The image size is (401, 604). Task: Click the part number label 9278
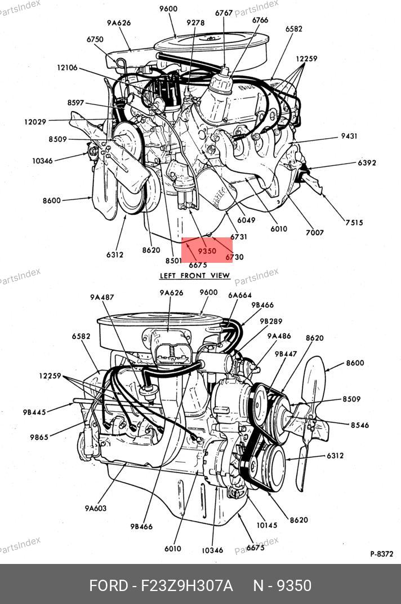195,23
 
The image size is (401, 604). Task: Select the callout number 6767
224,12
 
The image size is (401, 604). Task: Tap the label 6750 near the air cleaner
95,39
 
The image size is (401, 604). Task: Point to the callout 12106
67,68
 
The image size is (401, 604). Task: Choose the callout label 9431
349,136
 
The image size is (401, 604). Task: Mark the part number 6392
367,163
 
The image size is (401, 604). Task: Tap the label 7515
354,223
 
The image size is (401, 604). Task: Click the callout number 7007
314,232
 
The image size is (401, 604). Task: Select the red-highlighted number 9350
207,251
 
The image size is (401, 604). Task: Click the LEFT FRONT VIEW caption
195,275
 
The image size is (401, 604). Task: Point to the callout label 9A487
101,297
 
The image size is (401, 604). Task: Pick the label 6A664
239,295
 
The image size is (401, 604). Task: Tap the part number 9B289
271,321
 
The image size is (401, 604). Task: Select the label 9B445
34,412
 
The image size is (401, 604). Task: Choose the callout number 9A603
96,508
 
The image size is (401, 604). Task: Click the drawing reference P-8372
381,554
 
